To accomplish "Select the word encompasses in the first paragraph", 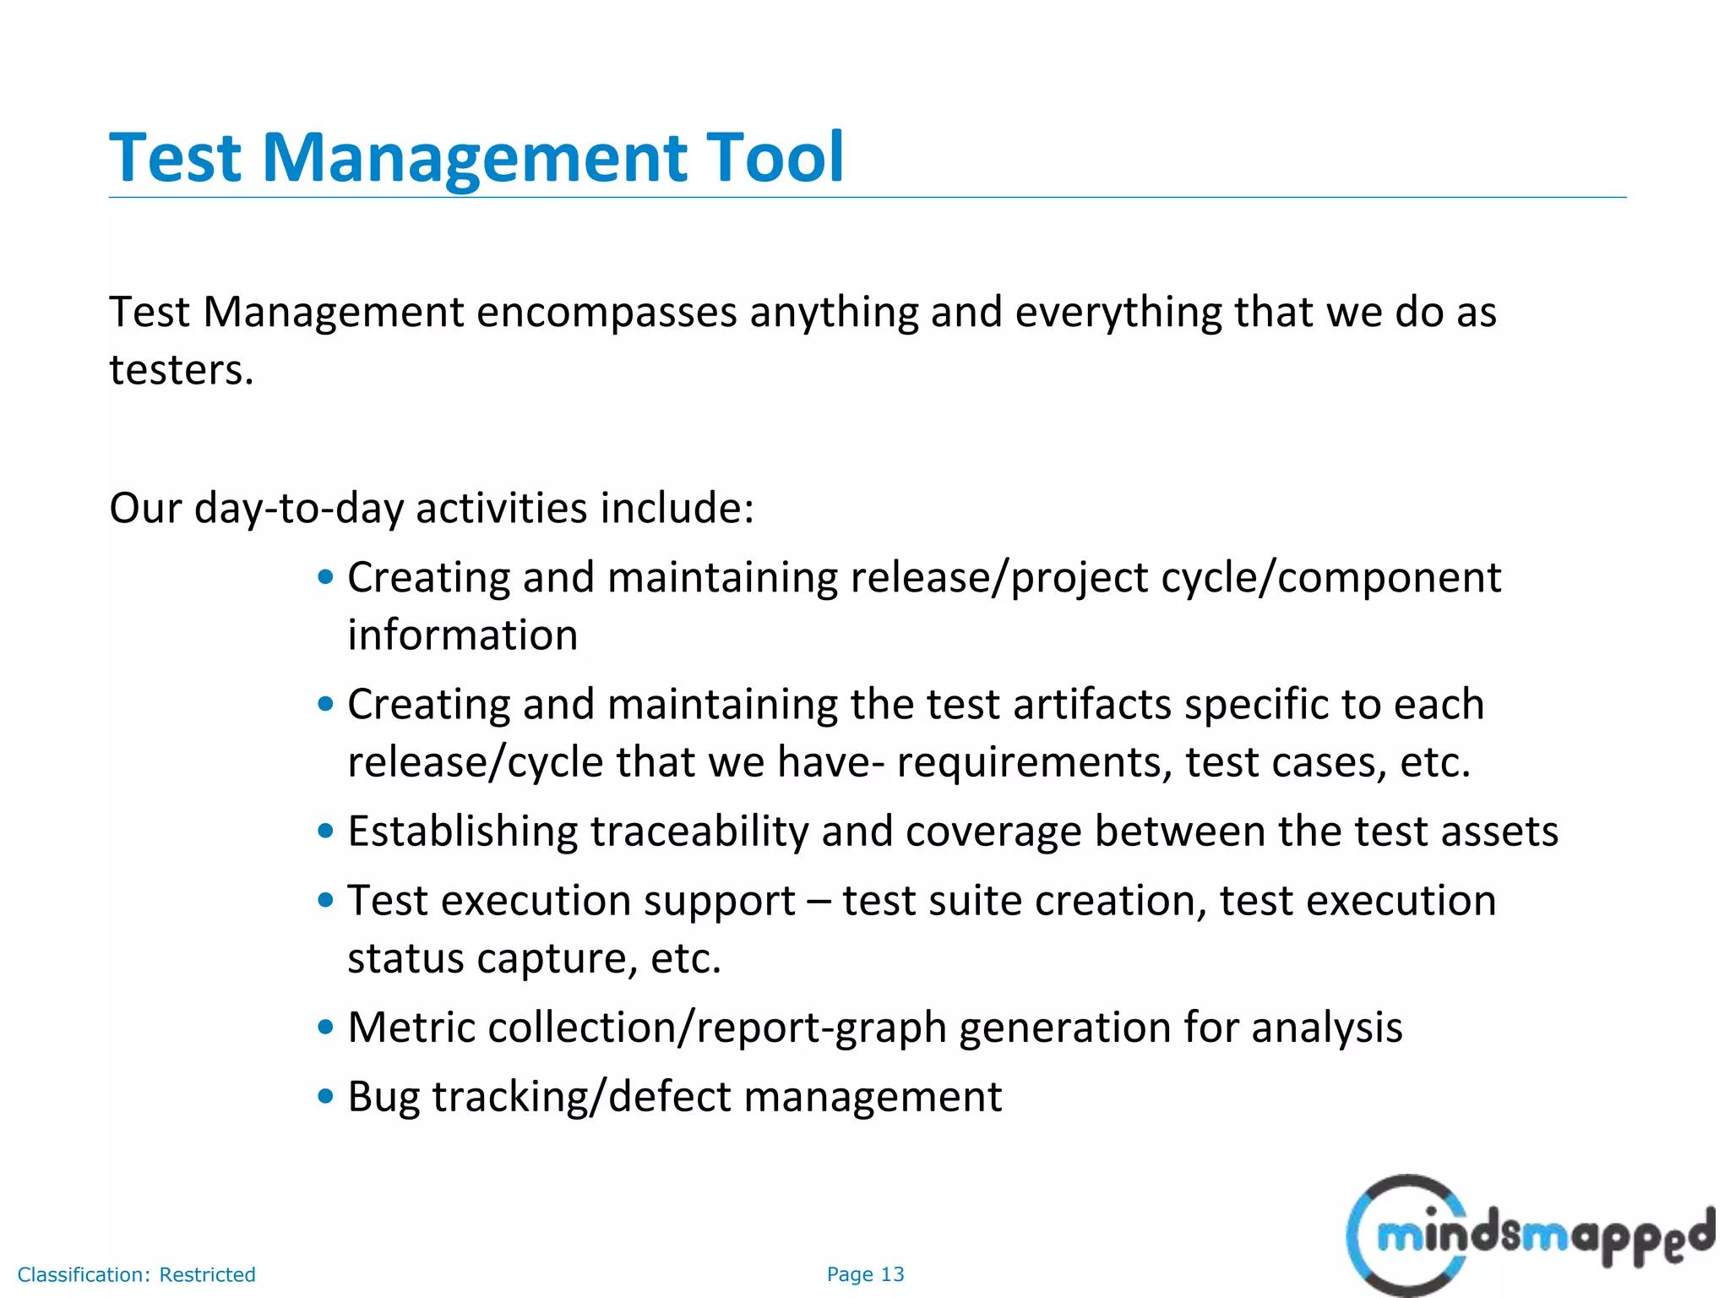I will pyautogui.click(x=607, y=313).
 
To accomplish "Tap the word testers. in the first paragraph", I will pyautogui.click(x=182, y=370).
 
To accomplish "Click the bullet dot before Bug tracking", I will pyautogui.click(x=326, y=1096).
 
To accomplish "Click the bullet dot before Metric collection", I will pyautogui.click(x=326, y=1027).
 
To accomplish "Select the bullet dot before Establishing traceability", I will pyautogui.click(x=326, y=831).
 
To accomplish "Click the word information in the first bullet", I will pyautogui.click(x=463, y=635).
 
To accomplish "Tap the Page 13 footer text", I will pyautogui.click(x=865, y=1274).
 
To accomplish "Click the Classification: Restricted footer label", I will pyautogui.click(x=136, y=1274).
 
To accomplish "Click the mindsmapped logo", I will pyautogui.click(x=1529, y=1235).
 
